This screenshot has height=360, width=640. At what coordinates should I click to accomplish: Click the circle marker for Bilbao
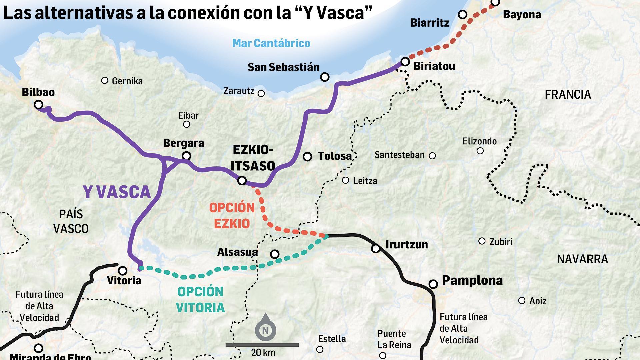tap(39, 105)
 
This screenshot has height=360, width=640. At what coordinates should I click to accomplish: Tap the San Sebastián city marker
tap(325, 77)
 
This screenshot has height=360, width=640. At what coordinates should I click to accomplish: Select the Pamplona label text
tap(472, 281)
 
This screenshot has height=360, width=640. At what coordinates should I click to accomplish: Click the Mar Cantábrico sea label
tap(271, 43)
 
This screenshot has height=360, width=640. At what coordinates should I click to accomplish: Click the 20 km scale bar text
tap(263, 352)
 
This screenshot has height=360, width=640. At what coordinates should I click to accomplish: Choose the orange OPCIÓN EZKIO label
tap(232, 215)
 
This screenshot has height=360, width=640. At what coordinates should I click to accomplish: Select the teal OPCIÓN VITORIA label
tap(200, 299)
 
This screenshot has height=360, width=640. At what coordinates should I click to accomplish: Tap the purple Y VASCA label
tap(117, 192)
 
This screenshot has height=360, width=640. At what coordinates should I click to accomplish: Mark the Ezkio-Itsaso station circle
tap(242, 181)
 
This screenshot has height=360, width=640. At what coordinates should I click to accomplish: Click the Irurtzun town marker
tap(376, 249)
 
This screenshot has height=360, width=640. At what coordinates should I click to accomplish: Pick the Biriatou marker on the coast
tap(405, 62)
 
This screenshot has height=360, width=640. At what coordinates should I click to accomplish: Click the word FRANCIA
tap(568, 95)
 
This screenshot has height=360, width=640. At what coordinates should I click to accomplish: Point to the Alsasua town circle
tap(275, 254)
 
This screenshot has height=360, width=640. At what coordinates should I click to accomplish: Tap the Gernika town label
tap(127, 81)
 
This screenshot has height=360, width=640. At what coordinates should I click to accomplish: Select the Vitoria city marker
tap(123, 270)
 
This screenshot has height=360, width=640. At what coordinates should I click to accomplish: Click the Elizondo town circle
tap(480, 151)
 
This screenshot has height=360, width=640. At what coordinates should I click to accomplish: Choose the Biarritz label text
tap(430, 23)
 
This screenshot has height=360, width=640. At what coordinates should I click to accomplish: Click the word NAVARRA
tap(582, 259)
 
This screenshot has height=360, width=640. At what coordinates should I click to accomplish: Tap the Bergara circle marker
tap(187, 156)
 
